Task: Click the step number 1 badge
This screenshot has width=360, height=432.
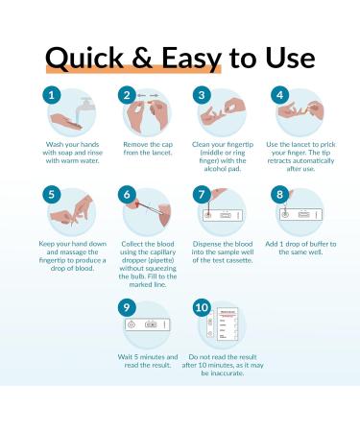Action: [52, 95]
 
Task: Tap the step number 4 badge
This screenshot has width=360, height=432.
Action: [279, 95]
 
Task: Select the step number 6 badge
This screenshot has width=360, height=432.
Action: [127, 194]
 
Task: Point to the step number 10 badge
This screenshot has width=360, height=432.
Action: [202, 307]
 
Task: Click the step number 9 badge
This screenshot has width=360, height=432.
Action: [127, 307]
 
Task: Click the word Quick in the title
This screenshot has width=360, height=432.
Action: [84, 59]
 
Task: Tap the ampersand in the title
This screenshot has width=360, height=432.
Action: [142, 58]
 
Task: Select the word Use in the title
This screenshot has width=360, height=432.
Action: [290, 58]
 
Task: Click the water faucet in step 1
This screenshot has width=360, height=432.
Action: [85, 104]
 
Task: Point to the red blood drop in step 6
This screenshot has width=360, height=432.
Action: [137, 204]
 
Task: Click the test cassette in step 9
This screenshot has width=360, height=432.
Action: [147, 324]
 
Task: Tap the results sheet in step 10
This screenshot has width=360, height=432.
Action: [228, 324]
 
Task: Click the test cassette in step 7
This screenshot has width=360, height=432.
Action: [223, 216]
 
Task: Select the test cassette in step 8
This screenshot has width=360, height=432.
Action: [300, 214]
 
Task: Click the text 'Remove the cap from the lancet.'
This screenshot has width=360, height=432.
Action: [148, 149]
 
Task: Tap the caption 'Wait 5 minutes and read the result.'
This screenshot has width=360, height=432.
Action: [148, 361]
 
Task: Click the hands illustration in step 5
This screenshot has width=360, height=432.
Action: [72, 211]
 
